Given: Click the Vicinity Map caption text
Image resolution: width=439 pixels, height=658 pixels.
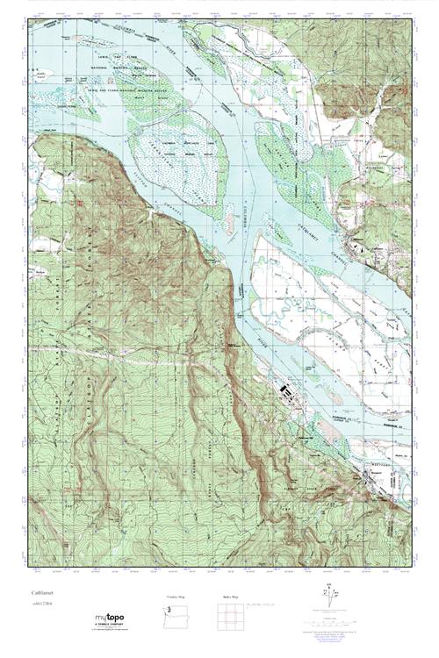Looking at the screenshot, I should [x=176, y=597].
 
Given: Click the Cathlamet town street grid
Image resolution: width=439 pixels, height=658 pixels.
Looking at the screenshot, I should [x=355, y=242].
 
